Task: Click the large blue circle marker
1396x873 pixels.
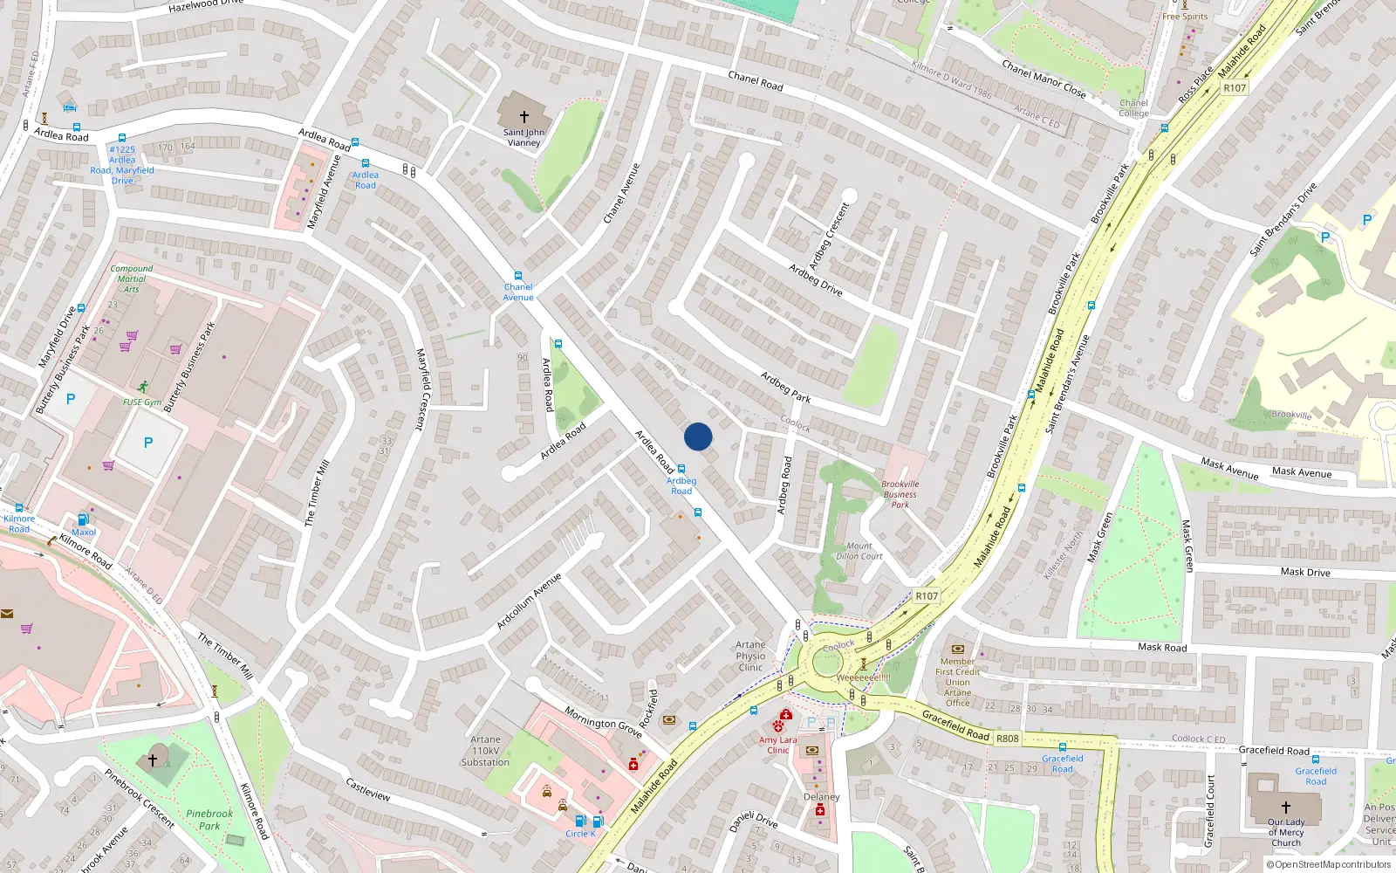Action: click(698, 436)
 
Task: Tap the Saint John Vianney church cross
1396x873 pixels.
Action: click(524, 116)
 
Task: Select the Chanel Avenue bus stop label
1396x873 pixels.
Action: click(518, 292)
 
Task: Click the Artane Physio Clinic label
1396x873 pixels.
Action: click(750, 656)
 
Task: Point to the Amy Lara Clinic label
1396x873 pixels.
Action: click(777, 745)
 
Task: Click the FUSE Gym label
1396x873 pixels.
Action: click(141, 402)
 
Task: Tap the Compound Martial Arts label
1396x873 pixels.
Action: click(132, 278)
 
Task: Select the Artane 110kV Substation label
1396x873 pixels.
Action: click(485, 751)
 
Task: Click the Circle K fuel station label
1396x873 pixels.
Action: click(580, 834)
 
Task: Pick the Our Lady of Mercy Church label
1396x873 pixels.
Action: click(1286, 832)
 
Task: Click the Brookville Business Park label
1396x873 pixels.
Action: click(900, 494)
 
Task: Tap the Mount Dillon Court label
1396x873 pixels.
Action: click(859, 551)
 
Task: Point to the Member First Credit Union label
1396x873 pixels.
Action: click(957, 682)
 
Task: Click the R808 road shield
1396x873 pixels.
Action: click(1008, 739)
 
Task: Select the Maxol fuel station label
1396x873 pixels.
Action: click(84, 532)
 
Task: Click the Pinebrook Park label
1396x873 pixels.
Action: click(209, 819)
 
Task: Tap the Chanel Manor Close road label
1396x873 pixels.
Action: click(1044, 79)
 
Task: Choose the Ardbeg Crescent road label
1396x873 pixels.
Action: click(828, 236)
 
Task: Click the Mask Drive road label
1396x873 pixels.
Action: click(1305, 573)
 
